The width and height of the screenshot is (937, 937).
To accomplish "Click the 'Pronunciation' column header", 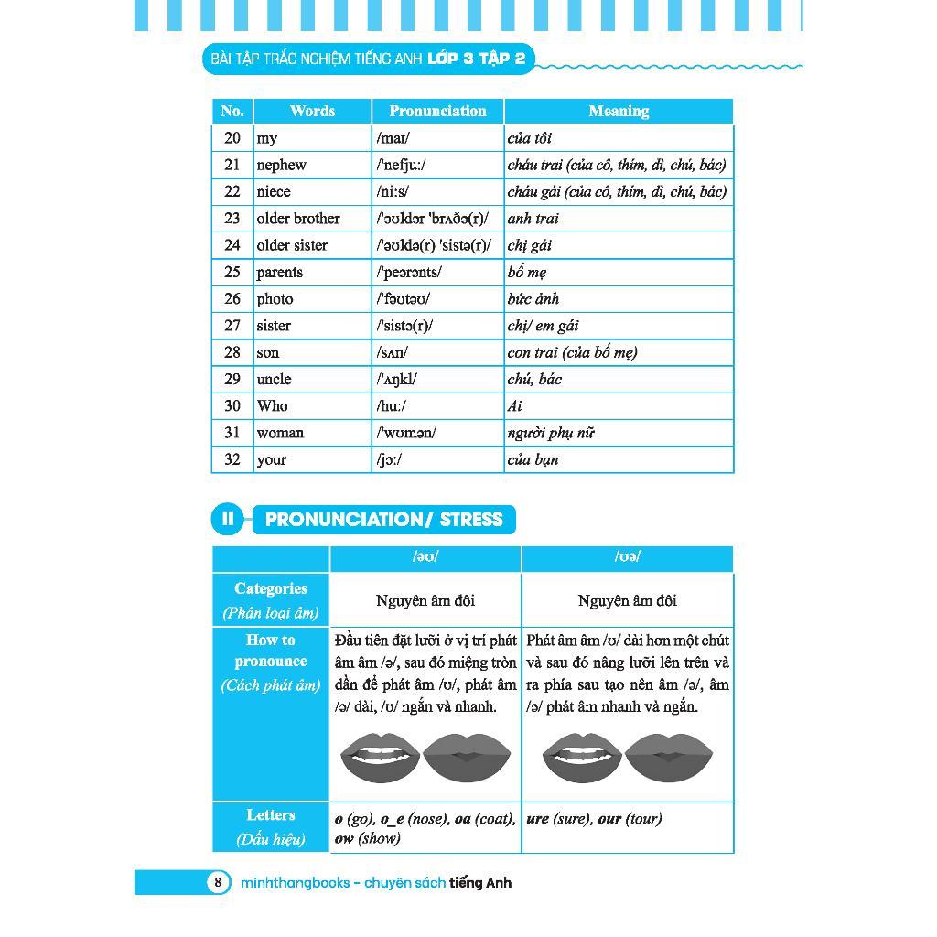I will point(437,111).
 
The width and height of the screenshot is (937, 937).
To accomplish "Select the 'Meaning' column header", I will point(619,111).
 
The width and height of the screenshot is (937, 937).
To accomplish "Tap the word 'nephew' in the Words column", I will point(281,165).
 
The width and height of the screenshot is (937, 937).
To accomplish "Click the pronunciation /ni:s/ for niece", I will point(393,191).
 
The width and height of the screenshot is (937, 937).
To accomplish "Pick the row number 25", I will point(232,272).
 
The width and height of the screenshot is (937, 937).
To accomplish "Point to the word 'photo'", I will point(275,298).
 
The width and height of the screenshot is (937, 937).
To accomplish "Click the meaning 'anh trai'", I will point(533,219).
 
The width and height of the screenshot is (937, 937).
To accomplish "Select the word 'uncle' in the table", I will point(274,379).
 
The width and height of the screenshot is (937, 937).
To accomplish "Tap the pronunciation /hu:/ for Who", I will point(391,405).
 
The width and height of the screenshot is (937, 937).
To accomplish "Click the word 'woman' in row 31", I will point(280,432).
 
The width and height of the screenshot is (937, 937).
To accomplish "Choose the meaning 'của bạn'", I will point(533,459).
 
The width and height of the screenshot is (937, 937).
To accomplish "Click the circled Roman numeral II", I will point(227,520).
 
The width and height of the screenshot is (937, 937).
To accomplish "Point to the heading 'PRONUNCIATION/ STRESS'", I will point(383,520).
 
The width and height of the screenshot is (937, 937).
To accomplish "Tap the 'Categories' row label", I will point(270,588).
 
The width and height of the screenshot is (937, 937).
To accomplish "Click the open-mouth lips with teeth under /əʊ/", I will point(380,758).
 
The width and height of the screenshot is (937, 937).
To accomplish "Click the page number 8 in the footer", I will point(218,882).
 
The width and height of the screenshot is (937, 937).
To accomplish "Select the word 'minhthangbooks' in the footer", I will point(295,883).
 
